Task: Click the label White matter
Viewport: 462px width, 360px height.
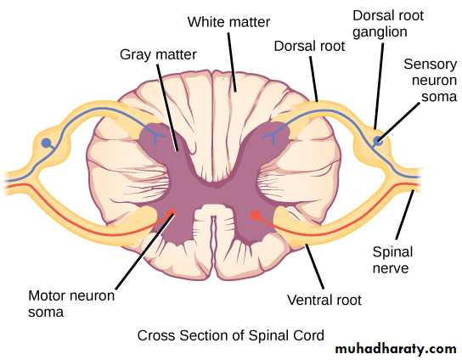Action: click(x=228, y=22)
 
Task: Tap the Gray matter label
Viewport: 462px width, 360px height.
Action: click(x=158, y=55)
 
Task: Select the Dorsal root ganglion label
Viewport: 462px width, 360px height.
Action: click(x=388, y=24)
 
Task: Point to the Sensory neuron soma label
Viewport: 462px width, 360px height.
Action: click(x=431, y=80)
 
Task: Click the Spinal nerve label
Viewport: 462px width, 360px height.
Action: click(x=392, y=260)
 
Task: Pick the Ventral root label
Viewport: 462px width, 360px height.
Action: click(x=324, y=300)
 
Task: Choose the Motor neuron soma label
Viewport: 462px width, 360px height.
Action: click(x=71, y=304)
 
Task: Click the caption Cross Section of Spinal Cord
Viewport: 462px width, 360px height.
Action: click(x=231, y=335)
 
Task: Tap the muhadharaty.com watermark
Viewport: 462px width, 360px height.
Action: click(x=396, y=350)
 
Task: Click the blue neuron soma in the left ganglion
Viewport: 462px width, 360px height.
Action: click(x=46, y=143)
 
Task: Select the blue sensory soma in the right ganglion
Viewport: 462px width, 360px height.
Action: click(x=377, y=141)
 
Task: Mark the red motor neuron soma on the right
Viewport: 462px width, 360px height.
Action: click(x=255, y=216)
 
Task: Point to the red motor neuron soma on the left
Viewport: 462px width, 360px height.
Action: click(x=170, y=213)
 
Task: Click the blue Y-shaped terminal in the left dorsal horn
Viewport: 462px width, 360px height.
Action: click(x=155, y=135)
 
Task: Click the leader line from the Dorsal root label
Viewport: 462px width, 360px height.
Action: click(x=313, y=79)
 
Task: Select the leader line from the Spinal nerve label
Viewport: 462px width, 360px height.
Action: click(x=405, y=215)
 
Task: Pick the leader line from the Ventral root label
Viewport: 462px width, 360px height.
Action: click(x=315, y=267)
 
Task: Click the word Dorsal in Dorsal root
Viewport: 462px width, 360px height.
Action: click(x=292, y=46)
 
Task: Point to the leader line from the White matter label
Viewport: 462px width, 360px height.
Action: click(x=232, y=62)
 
